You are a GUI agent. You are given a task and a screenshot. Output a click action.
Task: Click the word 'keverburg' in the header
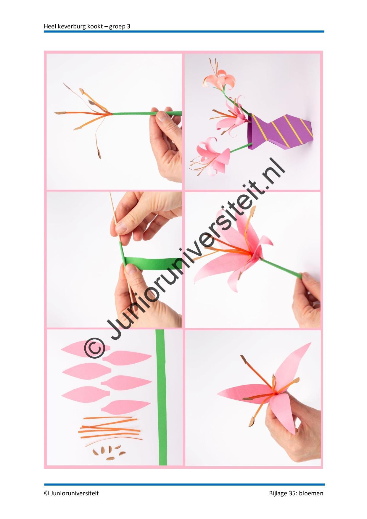pos(71,26)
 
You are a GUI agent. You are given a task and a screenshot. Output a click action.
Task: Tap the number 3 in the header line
pos(128,26)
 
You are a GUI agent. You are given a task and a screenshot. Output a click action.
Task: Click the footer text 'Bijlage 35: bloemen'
pos(296,493)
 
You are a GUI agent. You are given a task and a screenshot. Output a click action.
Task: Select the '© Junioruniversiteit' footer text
pos(71,493)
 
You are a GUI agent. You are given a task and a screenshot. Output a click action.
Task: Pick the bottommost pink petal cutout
pos(126,407)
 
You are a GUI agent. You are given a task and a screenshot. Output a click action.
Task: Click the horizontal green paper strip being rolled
pos(147,263)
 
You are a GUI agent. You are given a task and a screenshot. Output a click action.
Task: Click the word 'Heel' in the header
pos(49,26)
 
